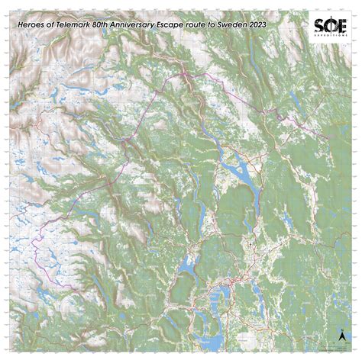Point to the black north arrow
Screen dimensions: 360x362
[342, 335]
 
